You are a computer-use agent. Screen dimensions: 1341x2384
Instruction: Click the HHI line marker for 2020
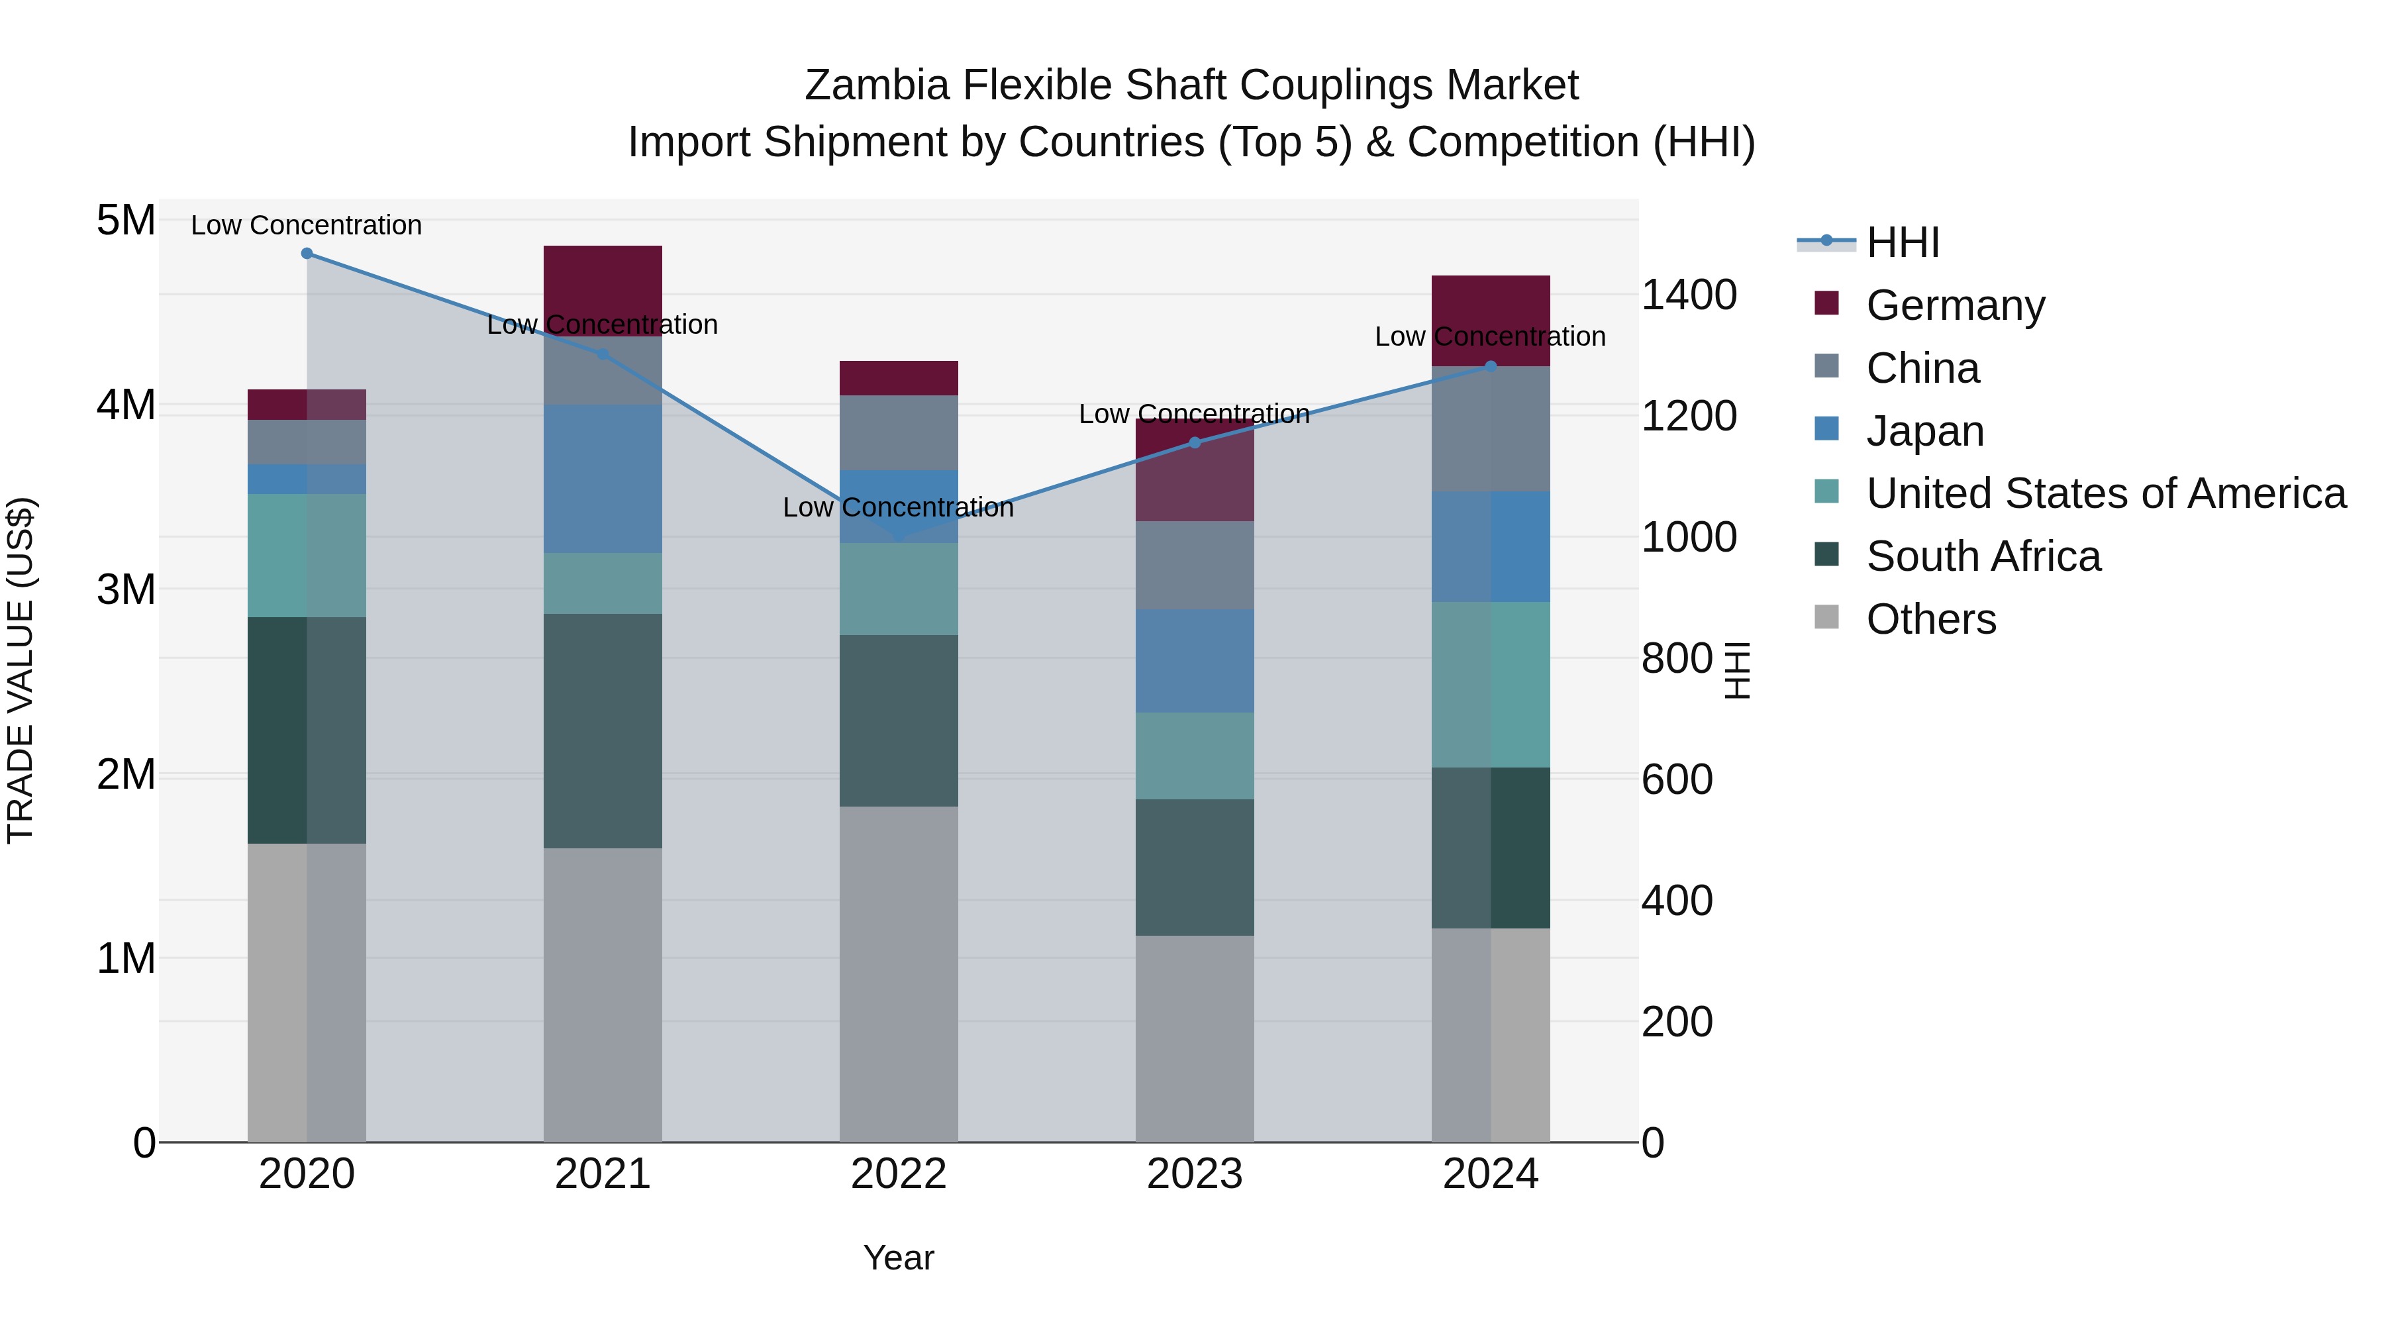click(x=307, y=254)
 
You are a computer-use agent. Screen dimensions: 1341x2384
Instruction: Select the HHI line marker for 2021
click(x=603, y=354)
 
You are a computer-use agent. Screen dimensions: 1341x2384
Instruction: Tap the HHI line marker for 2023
click(x=1194, y=442)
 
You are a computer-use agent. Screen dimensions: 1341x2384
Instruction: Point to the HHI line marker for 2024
click(x=1490, y=366)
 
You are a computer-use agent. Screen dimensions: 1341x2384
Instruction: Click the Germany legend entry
click(x=1955, y=305)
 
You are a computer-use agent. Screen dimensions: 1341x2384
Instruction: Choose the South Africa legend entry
click(x=1982, y=556)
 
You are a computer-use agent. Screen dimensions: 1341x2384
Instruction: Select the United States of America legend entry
click(x=2105, y=493)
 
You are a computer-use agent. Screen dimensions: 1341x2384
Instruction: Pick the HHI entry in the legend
click(x=1902, y=242)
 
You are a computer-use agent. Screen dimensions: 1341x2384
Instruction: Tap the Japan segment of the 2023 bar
click(x=1194, y=661)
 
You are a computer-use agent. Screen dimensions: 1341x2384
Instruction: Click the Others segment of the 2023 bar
click(x=1194, y=1038)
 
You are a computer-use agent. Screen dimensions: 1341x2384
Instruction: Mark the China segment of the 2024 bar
click(x=1490, y=428)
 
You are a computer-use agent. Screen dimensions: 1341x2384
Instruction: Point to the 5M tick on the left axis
click(x=126, y=221)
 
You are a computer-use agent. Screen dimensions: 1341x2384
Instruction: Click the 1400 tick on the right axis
click(x=1688, y=295)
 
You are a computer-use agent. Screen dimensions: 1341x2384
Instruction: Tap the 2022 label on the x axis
click(x=898, y=1174)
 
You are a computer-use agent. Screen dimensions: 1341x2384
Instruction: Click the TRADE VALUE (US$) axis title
click(x=21, y=670)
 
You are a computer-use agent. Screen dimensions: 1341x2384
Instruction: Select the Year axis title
click(x=898, y=1258)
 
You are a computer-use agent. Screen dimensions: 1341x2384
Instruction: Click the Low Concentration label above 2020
click(x=307, y=225)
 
